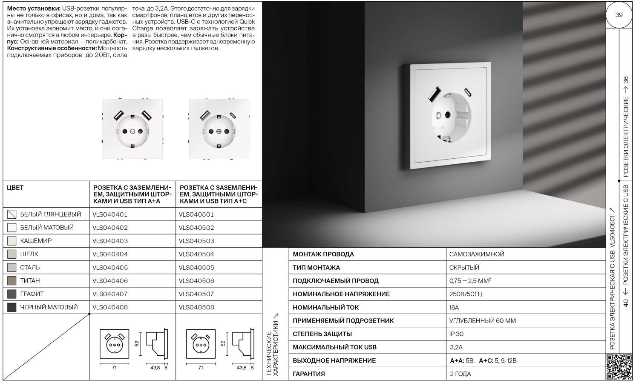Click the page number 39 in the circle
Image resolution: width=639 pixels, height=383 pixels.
click(x=619, y=15)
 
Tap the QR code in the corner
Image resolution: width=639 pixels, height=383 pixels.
click(x=619, y=366)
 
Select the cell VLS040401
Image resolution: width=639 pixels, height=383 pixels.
click(x=110, y=214)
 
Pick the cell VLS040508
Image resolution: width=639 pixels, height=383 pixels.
click(x=196, y=307)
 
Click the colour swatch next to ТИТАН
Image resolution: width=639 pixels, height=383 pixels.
click(x=12, y=281)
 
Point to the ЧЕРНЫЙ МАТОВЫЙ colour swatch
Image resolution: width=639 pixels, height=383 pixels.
click(x=12, y=307)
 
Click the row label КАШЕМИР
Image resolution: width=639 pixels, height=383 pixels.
click(x=36, y=241)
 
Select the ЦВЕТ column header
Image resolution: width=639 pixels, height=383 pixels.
click(x=15, y=188)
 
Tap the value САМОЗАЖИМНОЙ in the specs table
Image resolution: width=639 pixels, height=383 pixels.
click(x=477, y=254)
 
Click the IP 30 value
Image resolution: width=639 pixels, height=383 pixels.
click(x=456, y=334)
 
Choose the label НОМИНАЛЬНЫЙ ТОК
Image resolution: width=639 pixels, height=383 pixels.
click(x=325, y=307)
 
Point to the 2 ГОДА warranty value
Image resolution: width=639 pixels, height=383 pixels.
click(x=461, y=374)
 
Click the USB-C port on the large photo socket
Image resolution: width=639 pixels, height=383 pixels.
click(x=468, y=91)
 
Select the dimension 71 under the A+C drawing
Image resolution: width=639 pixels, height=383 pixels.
click(x=201, y=368)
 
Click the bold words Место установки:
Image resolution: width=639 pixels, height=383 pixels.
click(x=34, y=9)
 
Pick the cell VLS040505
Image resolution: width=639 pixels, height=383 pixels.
click(x=196, y=268)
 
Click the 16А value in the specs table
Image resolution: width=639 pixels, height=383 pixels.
click(x=454, y=307)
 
